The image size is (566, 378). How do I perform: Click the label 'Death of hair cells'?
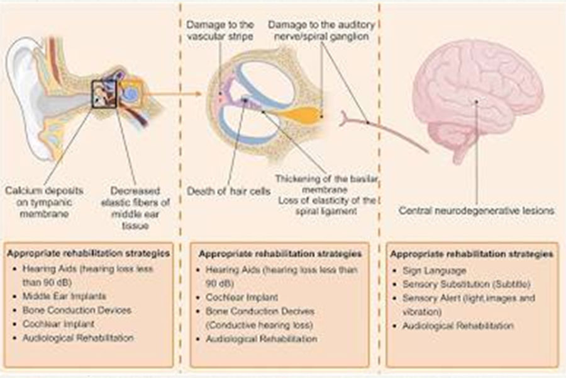point(228,191)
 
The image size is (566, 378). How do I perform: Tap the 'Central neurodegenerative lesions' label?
point(477,210)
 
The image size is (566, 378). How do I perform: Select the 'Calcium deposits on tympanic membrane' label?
point(44,202)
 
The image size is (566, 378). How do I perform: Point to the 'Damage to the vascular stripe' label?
point(220,30)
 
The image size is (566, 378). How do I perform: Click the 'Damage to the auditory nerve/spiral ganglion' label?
point(321,30)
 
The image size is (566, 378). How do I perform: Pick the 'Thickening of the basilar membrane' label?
point(326,184)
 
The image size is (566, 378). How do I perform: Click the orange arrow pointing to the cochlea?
point(172,94)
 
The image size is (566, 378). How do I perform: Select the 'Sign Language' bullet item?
point(434,270)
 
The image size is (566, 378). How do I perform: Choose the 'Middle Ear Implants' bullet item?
point(64,296)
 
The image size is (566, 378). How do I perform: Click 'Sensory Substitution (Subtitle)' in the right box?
point(467,284)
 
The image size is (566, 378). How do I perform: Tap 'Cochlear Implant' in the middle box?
point(242,297)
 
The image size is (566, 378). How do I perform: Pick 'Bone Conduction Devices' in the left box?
point(77,310)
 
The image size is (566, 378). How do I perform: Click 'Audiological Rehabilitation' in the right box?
point(458,326)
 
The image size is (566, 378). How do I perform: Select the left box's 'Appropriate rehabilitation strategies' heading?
point(89,253)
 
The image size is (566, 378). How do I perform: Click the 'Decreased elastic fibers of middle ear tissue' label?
point(135,208)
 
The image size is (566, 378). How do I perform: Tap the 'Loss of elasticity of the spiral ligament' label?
point(326,205)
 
